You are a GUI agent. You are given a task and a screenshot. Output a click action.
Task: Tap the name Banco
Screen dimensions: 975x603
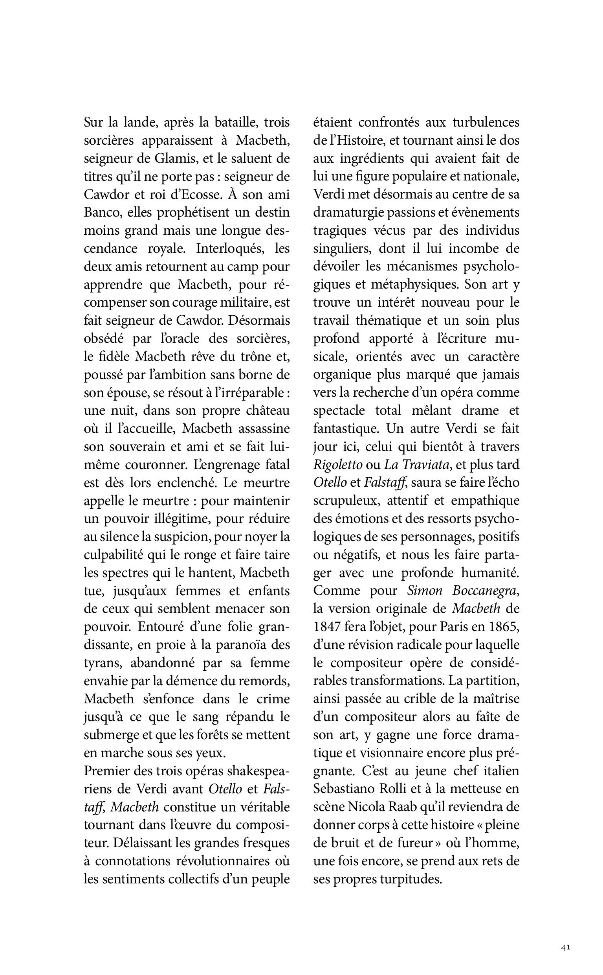(x=102, y=213)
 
